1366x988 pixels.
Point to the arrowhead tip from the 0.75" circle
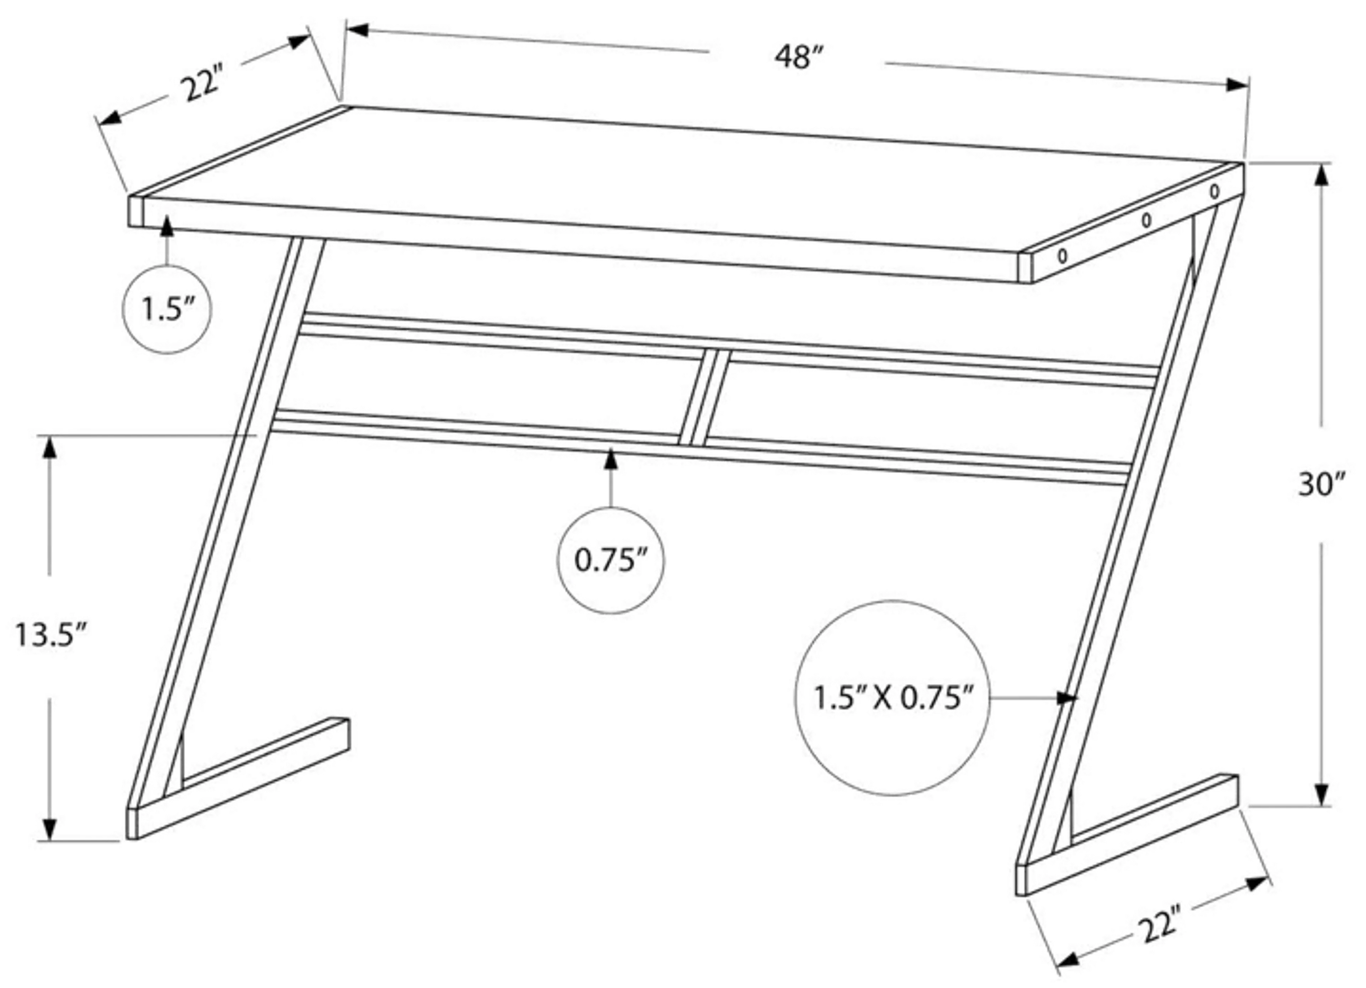pos(611,449)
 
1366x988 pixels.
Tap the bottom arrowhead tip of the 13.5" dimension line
pos(49,839)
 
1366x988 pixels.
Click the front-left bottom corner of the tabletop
pos(129,226)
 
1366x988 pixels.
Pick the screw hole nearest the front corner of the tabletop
pos(1063,256)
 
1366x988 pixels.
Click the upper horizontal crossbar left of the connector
pos(503,337)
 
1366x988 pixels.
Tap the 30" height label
pos(1322,484)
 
